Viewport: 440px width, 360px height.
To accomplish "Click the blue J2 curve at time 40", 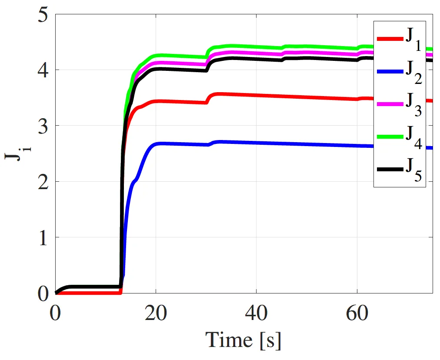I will pos(257,143).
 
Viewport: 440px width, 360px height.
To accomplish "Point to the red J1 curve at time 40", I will pos(257,95).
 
